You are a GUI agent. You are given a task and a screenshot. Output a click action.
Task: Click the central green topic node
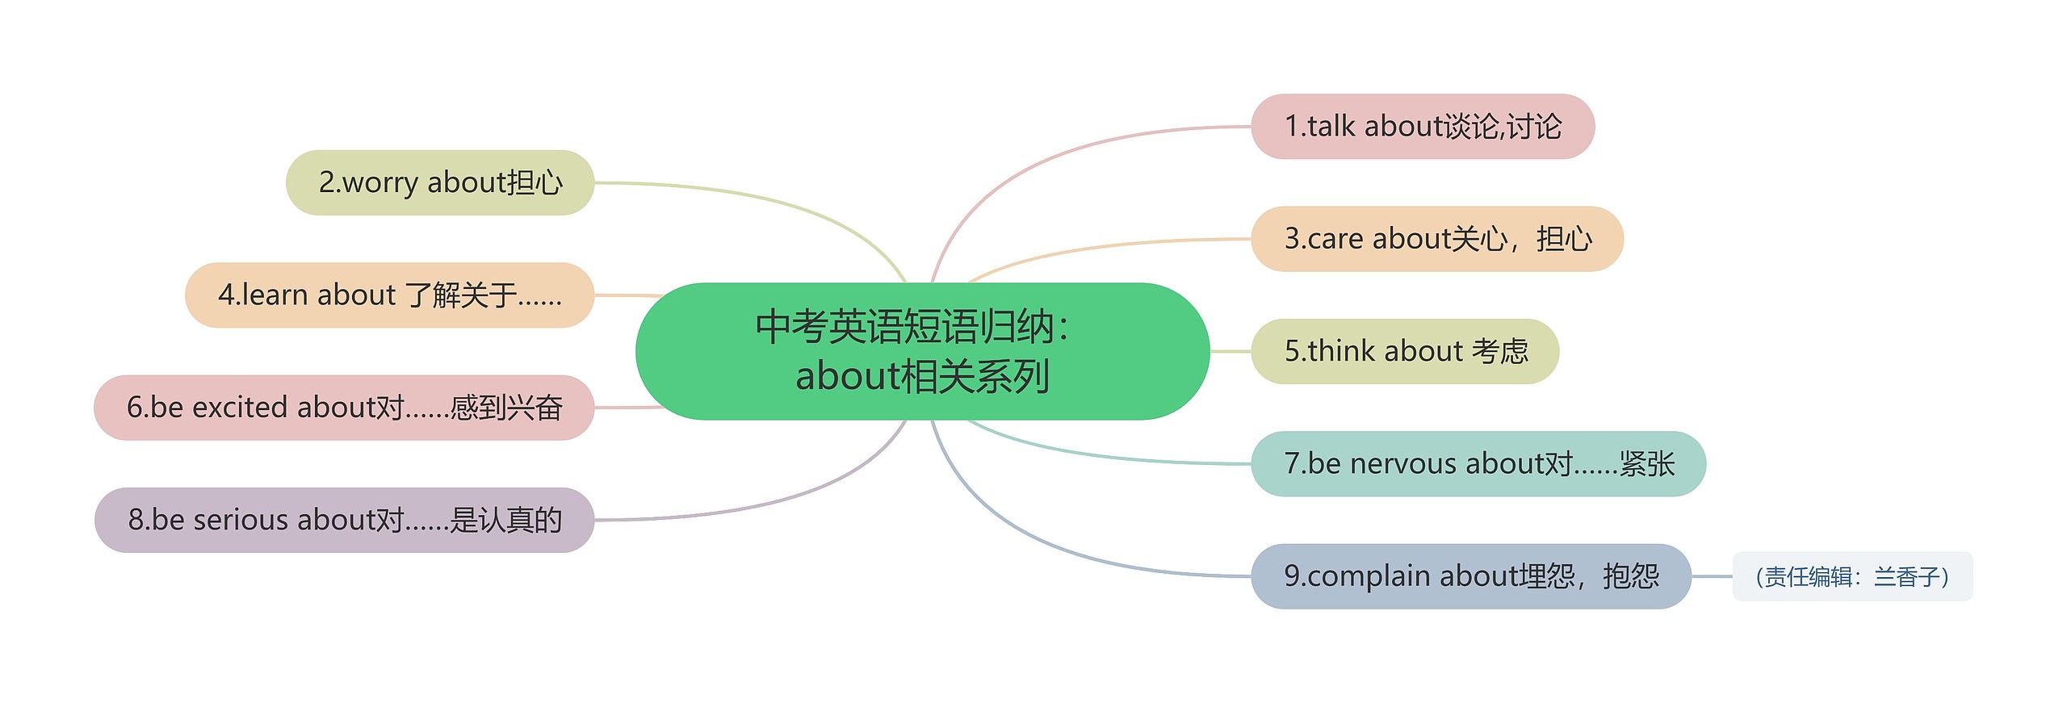[922, 351]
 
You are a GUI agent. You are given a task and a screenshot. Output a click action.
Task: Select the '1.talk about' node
[1422, 127]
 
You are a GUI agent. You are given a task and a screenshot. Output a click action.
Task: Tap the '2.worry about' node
[440, 182]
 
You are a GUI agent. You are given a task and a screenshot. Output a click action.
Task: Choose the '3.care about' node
[1436, 239]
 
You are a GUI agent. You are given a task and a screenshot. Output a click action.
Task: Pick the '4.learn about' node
[389, 295]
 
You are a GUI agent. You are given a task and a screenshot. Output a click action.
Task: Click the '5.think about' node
[1404, 351]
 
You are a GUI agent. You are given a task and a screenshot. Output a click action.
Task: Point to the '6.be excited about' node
[344, 408]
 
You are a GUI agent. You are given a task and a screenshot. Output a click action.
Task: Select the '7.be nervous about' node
[1478, 464]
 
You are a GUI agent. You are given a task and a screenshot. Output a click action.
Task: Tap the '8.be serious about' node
[344, 520]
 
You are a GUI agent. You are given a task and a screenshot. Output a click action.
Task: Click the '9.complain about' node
[1470, 576]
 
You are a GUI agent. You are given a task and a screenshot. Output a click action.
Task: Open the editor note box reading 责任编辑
[1852, 576]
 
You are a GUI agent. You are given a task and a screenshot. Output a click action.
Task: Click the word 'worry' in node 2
[379, 183]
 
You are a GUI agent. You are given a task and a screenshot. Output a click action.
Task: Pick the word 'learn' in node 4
[275, 295]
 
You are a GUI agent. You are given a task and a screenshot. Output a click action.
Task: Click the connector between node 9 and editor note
[1712, 576]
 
